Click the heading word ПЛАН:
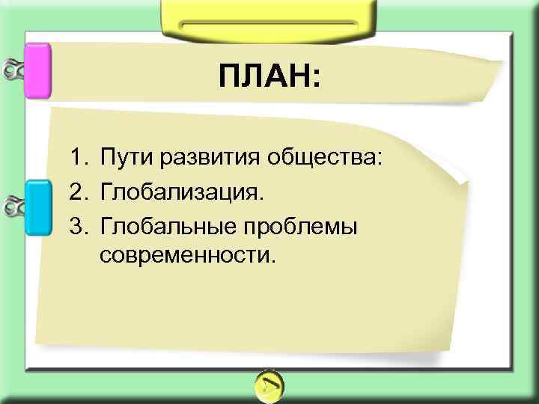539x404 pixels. click(269, 76)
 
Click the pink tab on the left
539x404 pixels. click(37, 71)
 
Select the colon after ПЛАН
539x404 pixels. click(314, 78)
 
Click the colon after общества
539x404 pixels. click(379, 159)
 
